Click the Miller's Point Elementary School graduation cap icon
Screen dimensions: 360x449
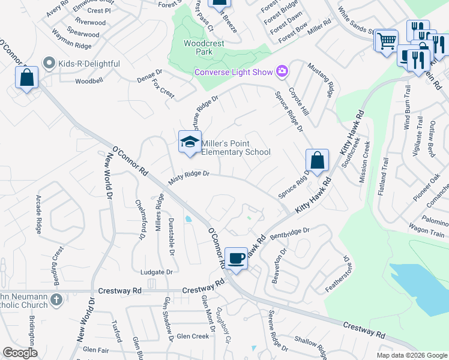[x=190, y=142]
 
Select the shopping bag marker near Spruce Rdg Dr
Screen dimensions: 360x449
[x=316, y=160]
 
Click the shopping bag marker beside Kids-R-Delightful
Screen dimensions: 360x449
[x=26, y=77]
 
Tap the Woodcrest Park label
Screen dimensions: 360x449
[x=198, y=47]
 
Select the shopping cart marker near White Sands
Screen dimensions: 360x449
[x=387, y=41]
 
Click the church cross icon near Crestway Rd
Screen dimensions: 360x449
[x=56, y=299]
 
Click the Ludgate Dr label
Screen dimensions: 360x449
[x=156, y=272]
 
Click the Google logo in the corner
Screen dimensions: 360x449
[x=20, y=353]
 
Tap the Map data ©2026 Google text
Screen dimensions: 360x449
[x=412, y=355]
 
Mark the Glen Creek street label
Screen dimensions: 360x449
[x=193, y=337]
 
